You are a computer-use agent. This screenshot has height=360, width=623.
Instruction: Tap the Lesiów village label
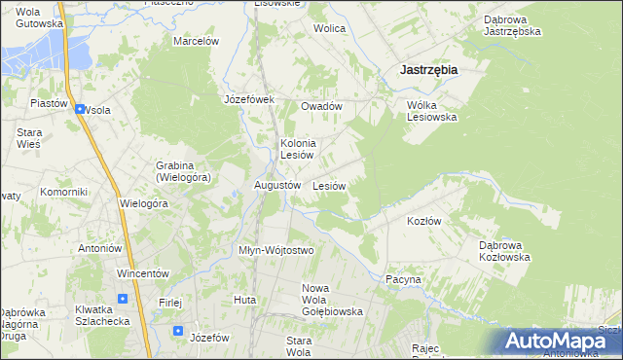tap(330, 185)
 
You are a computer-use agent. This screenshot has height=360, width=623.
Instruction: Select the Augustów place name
tap(276, 184)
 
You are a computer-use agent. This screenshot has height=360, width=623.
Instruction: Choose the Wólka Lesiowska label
tap(431, 111)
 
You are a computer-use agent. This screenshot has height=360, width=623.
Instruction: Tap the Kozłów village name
tap(423, 221)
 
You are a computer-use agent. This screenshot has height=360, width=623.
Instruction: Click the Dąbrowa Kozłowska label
tap(504, 251)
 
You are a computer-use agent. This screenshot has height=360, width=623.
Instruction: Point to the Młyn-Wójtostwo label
tap(276, 250)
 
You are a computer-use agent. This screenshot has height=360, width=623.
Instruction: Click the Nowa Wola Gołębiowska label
tap(332, 300)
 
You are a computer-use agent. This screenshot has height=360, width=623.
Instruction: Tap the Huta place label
tap(244, 300)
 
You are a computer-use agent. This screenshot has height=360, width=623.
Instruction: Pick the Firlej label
tap(170, 303)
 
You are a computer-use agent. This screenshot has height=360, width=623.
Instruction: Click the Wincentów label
tap(143, 273)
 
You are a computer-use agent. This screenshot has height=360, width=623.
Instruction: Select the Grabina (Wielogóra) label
tap(183, 171)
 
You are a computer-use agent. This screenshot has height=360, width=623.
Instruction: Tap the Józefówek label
tap(250, 99)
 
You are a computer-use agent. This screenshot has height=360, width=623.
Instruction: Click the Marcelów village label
tap(197, 41)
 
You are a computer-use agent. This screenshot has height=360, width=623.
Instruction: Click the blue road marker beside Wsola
tap(79, 109)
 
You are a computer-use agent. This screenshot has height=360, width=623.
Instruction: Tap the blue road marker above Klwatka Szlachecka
tap(122, 298)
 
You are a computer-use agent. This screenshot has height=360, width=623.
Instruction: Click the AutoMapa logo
tap(560, 341)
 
